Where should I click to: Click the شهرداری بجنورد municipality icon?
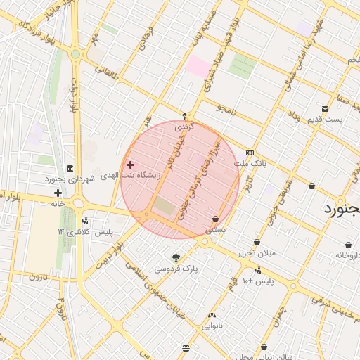coord(70,169)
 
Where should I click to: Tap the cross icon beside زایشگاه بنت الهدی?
coord(130,165)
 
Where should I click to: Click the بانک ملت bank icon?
coord(250,153)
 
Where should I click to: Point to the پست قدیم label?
coord(324,119)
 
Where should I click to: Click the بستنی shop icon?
coord(214,218)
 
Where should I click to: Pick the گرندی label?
coord(184,127)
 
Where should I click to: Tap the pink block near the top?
coord(198,67)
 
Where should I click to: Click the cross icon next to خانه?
coord(58,193)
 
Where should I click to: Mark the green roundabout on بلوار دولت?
coord(75,53)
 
